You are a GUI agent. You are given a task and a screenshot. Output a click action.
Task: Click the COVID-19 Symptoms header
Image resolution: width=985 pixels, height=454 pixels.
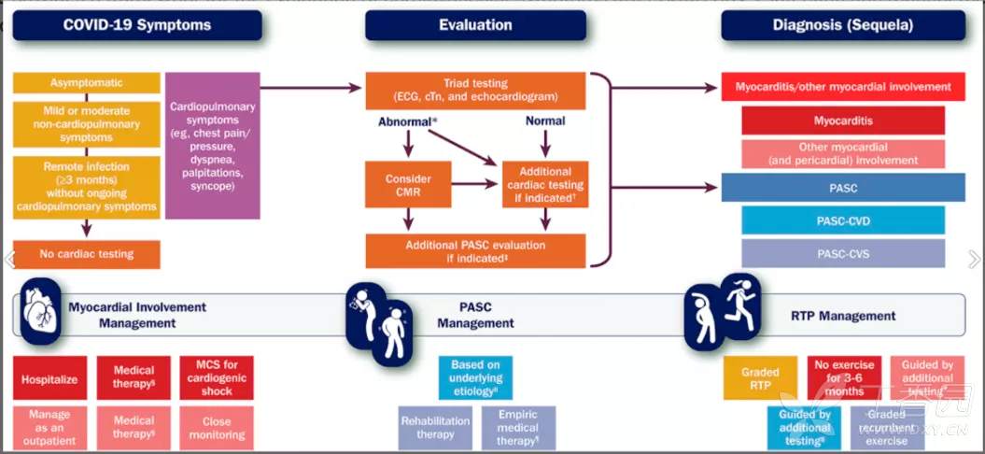coord(137,25)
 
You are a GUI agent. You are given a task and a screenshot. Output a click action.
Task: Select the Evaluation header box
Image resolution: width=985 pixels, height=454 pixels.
coord(475,25)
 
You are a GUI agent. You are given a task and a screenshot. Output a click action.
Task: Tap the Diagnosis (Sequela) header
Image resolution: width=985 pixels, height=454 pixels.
coord(843,25)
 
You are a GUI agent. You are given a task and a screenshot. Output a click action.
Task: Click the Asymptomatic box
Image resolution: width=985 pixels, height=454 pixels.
coord(87,83)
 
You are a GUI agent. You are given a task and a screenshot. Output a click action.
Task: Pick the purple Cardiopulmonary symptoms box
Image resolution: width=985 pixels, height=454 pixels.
coord(212,146)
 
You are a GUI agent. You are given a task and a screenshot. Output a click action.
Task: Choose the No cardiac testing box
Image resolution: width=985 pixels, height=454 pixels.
coord(87,254)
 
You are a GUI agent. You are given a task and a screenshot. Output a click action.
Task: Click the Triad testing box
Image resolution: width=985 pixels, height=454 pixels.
coord(475,90)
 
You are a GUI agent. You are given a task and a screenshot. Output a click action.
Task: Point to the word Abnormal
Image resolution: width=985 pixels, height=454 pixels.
coord(406,122)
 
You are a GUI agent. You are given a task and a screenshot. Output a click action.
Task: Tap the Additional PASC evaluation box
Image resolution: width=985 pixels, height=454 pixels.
coord(475,251)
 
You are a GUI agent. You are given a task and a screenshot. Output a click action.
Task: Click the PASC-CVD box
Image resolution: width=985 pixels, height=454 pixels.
coord(842,220)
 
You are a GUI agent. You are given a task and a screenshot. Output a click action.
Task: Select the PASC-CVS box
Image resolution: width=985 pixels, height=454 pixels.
coord(842,253)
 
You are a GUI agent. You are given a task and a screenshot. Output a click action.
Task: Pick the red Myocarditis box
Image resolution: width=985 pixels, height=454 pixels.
coord(842,121)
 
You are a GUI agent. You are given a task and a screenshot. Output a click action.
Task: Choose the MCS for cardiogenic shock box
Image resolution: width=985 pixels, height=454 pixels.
coord(217,377)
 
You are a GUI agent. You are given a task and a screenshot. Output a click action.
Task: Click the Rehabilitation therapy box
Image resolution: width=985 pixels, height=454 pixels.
coord(435,427)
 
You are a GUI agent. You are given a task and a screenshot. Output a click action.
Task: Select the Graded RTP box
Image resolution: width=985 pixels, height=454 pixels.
coord(760,377)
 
